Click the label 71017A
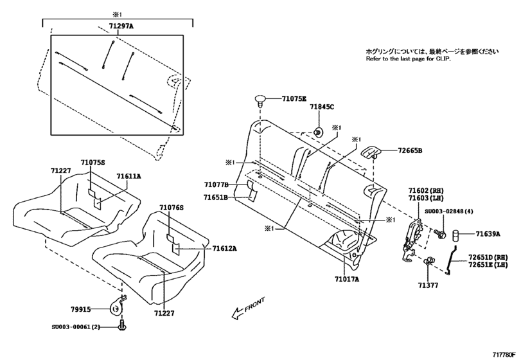pos(346,279)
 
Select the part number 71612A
pos(224,248)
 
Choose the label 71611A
pos(128,175)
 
